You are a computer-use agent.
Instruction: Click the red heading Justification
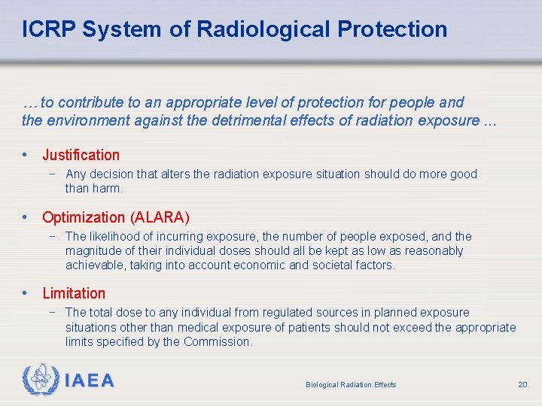coord(81,155)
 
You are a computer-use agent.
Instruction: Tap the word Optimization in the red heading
coord(84,217)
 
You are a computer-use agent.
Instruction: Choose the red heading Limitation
coord(74,293)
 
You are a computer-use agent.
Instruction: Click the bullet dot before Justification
coord(26,155)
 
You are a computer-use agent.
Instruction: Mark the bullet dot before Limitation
coord(26,293)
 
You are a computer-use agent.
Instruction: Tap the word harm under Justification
coord(106,188)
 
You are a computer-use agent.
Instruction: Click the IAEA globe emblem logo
coord(40,380)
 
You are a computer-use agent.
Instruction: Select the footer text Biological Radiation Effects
coord(351,385)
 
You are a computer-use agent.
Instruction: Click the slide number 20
coord(522,384)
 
